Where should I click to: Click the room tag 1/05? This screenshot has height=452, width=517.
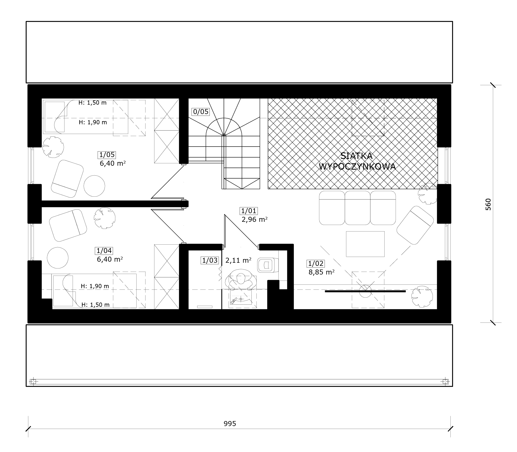(107, 155)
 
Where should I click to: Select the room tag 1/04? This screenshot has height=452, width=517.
(104, 251)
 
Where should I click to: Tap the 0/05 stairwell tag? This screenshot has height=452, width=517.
(201, 112)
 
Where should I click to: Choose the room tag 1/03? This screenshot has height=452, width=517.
(210, 260)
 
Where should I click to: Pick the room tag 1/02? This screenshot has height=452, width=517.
(316, 263)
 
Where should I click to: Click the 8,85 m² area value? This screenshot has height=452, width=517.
(321, 272)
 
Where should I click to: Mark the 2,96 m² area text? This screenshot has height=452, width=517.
(255, 219)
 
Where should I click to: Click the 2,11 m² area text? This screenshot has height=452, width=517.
(238, 260)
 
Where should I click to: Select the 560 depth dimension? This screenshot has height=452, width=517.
(488, 205)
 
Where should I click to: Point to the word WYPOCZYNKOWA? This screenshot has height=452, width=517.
(357, 167)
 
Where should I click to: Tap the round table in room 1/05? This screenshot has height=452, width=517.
(94, 186)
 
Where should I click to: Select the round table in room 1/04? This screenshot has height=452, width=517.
(58, 258)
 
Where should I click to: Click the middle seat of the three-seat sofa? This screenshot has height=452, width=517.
(357, 208)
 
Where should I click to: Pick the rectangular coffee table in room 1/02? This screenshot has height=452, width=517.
(365, 244)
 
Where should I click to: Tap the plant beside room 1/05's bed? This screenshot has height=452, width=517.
(53, 147)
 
